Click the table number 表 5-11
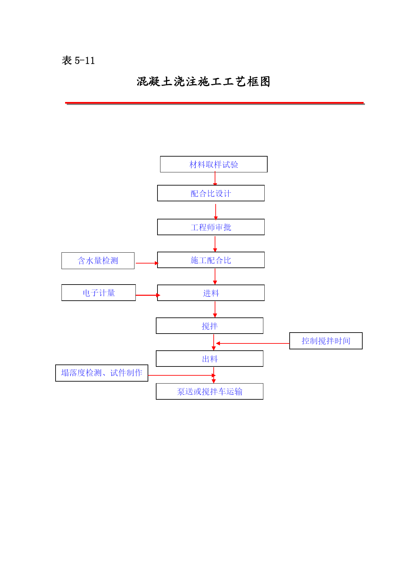tap(78, 61)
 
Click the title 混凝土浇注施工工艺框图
tap(204, 82)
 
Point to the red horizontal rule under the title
tap(215, 103)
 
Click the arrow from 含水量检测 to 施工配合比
tap(147, 263)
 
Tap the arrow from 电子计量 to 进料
tap(148, 295)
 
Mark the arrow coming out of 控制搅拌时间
tap(252, 343)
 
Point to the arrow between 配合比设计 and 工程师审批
tap(216, 212)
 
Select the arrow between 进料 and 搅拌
tap(215, 310)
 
